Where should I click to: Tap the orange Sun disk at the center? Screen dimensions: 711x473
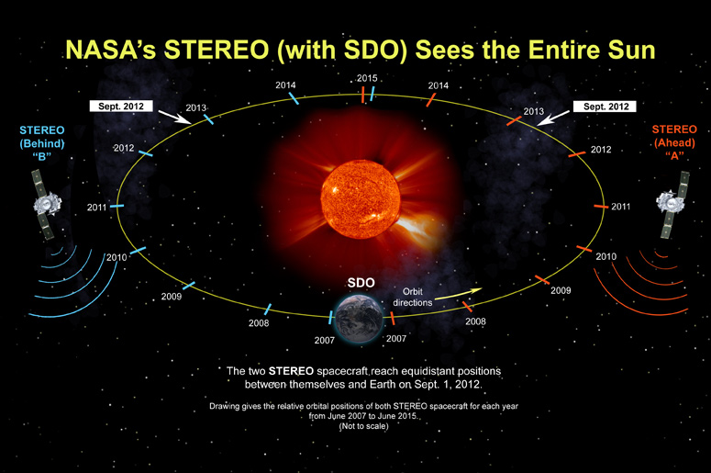(x=361, y=198)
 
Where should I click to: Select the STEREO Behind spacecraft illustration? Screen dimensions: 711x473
(x=45, y=204)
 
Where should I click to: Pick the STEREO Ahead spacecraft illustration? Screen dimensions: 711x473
(x=672, y=204)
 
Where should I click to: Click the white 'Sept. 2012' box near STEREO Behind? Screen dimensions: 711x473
(x=121, y=107)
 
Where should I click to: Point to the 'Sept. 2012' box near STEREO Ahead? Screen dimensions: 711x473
(x=605, y=107)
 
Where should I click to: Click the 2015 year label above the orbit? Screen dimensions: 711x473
(x=367, y=78)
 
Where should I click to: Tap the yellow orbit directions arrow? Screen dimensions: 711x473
(x=458, y=294)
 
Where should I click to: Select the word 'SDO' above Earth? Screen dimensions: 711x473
(x=361, y=283)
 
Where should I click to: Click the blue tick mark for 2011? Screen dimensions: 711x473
(x=117, y=206)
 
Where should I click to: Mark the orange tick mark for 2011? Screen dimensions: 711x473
(x=601, y=207)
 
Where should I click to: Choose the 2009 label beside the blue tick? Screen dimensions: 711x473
(x=172, y=297)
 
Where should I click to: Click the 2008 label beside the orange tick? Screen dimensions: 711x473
(x=475, y=321)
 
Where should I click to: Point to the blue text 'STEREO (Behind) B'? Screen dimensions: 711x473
(x=41, y=143)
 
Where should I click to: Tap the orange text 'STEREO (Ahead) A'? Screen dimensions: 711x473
(x=674, y=142)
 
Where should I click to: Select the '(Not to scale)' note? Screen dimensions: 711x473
(x=363, y=426)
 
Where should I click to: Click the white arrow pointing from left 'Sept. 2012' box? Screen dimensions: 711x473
(x=174, y=117)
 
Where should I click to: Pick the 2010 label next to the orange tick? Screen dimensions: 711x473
(x=605, y=256)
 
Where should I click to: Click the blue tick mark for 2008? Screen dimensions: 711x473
(x=268, y=310)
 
